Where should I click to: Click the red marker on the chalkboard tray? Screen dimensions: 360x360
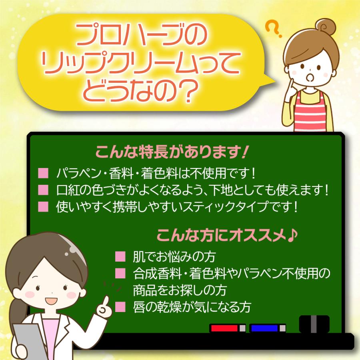[225, 328]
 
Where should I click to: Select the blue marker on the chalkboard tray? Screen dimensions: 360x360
[265, 328]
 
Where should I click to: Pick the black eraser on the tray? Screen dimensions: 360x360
[314, 324]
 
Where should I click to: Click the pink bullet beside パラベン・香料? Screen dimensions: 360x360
[43, 174]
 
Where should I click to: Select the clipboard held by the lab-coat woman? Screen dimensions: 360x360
[28, 340]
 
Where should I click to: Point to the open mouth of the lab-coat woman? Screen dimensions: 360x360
[49, 300]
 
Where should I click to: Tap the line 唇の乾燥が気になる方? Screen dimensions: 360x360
[192, 307]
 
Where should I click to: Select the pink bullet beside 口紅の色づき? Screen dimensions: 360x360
[43, 190]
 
